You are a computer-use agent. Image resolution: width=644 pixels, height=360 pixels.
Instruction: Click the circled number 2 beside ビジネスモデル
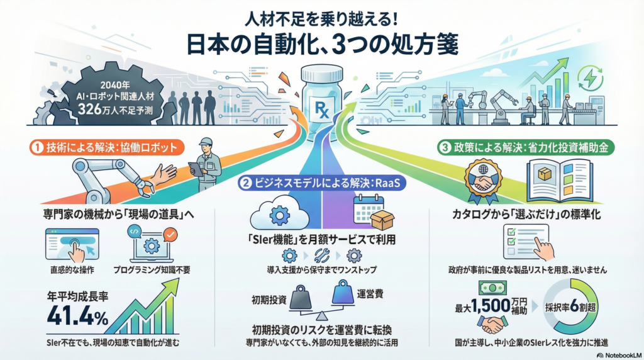pyautogui.click(x=246, y=184)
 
